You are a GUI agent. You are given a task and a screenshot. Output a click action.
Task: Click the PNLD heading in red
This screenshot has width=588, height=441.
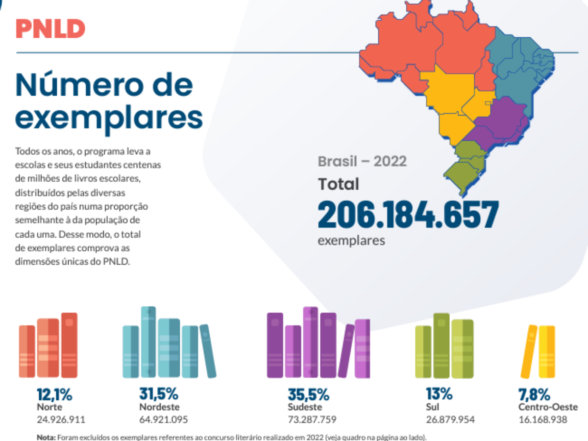[50, 29]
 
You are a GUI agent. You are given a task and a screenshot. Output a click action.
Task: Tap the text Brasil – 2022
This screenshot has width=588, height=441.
[362, 161]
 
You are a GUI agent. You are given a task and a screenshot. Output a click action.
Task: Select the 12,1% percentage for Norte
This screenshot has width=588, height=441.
[54, 395]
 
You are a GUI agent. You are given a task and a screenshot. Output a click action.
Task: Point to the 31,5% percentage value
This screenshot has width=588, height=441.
[158, 395]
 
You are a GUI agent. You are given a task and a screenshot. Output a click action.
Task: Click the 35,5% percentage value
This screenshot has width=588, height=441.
[308, 395]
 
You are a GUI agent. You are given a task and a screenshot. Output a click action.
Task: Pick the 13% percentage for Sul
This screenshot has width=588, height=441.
[439, 395]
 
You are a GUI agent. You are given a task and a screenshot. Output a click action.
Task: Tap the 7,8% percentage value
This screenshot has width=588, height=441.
[534, 395]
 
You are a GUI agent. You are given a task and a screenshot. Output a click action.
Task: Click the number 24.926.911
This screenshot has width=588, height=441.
[61, 419]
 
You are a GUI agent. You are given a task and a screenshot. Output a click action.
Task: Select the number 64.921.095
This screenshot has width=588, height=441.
[164, 419]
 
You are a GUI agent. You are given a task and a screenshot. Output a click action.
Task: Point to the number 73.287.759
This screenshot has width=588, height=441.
[312, 419]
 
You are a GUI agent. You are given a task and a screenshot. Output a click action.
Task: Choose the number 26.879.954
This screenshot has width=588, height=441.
[450, 419]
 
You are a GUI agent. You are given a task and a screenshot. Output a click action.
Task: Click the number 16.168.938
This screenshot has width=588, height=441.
[543, 419]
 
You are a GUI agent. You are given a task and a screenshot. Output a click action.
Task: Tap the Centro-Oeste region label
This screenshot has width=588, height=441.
[548, 407]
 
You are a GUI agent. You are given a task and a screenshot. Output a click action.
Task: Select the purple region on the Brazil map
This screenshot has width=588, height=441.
[500, 120]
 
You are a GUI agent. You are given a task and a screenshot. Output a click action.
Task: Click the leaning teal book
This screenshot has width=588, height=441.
[208, 351]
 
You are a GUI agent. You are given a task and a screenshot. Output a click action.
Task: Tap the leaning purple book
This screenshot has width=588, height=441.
[346, 351]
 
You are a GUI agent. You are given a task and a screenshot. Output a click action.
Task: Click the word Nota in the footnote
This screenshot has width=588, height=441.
[47, 437]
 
